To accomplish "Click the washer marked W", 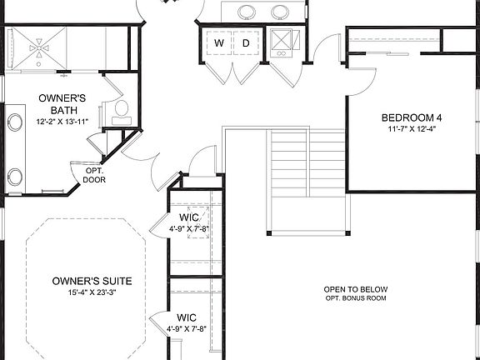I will (219, 42).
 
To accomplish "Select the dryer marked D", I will (246, 42).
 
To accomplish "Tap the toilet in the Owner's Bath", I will (120, 109).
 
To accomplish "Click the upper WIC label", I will (188, 217).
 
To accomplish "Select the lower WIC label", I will (187, 317).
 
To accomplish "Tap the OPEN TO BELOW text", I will (356, 289).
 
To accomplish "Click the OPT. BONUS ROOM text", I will (356, 298).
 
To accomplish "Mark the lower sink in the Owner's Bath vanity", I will (15, 177).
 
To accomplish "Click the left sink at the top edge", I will (247, 12).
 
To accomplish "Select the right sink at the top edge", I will (280, 12).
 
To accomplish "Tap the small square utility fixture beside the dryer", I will (281, 42).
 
